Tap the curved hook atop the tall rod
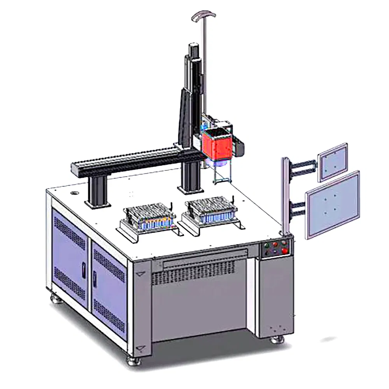pyautogui.click(x=203, y=15)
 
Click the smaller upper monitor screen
pyautogui.click(x=333, y=161)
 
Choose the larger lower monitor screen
pyautogui.click(x=333, y=204)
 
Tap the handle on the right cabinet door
pyautogui.click(x=95, y=279)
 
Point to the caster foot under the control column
pyautogui.click(x=277, y=340)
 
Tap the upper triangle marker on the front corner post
pyautogui.click(x=140, y=274)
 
